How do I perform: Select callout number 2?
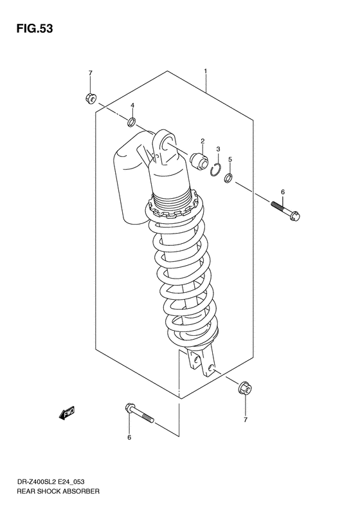click(x=202, y=141)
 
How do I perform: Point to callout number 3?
click(x=218, y=149)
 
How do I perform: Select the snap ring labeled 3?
click(x=217, y=169)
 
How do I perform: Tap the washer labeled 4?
click(x=131, y=122)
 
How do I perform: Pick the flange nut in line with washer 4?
click(x=89, y=98)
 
